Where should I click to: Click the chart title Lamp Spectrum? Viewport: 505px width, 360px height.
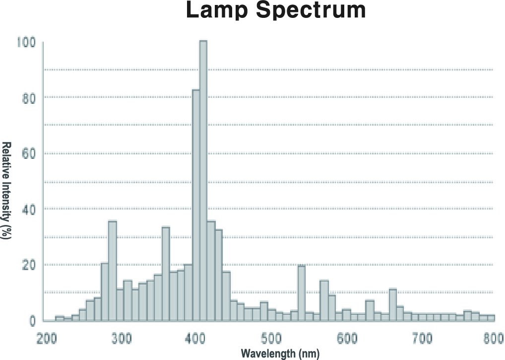[276, 10]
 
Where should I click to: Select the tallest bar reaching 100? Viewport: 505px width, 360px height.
[203, 181]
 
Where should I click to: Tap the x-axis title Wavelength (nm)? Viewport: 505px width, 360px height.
[280, 354]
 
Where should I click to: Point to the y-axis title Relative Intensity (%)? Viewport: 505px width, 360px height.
[6, 191]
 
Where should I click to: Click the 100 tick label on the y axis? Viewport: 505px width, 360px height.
[26, 42]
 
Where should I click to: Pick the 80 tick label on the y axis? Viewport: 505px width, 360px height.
[28, 98]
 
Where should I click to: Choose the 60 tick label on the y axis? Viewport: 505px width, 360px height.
[28, 153]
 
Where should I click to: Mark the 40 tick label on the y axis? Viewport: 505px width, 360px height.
[28, 209]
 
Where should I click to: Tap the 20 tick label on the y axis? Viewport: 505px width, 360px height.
[28, 265]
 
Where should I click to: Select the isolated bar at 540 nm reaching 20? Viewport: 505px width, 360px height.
[301, 293]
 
